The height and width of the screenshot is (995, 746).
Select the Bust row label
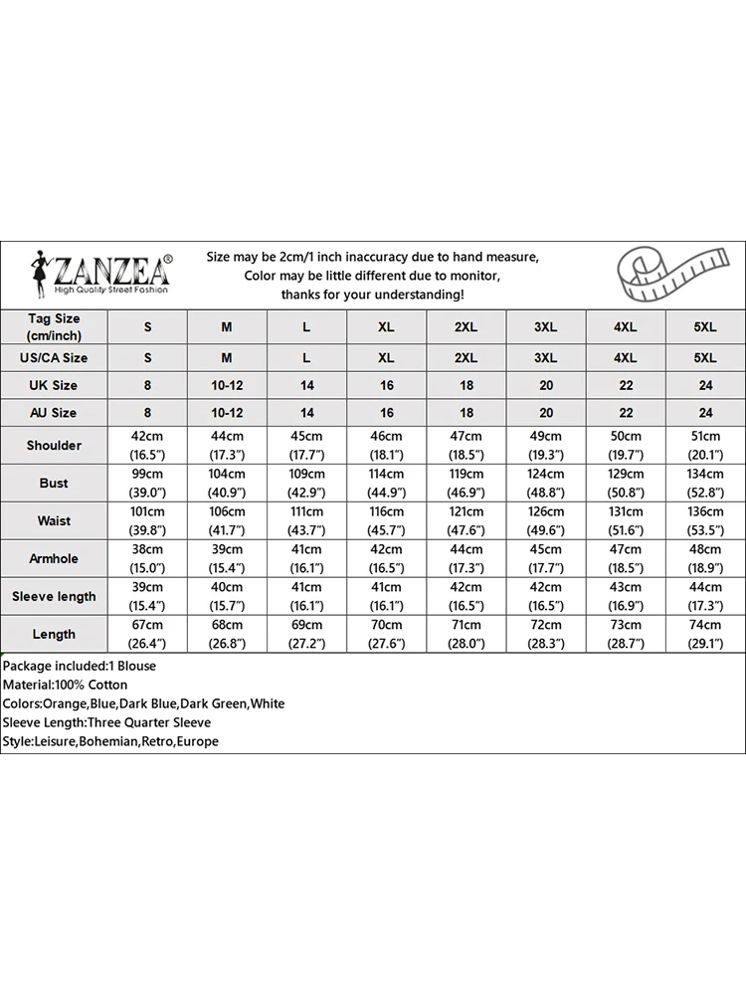54,484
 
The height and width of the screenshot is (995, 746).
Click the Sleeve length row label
54,597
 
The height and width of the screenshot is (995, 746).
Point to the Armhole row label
54,559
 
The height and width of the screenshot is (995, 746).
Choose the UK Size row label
54,385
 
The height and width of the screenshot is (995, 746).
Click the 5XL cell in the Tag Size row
704,327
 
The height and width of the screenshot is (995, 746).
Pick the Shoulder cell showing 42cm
147,446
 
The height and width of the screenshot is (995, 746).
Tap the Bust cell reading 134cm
704,484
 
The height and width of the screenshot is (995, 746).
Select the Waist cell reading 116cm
386,521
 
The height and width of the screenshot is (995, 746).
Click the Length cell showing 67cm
147,634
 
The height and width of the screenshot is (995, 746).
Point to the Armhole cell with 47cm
625,559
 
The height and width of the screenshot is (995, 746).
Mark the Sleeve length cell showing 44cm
704,597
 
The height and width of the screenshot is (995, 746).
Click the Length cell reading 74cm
704,634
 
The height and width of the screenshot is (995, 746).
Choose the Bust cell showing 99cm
147,484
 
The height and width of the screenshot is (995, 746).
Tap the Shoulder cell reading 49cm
545,446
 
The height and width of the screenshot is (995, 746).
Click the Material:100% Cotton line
65,685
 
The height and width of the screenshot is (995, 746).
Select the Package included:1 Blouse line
79,666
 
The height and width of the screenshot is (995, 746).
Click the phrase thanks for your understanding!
372,295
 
